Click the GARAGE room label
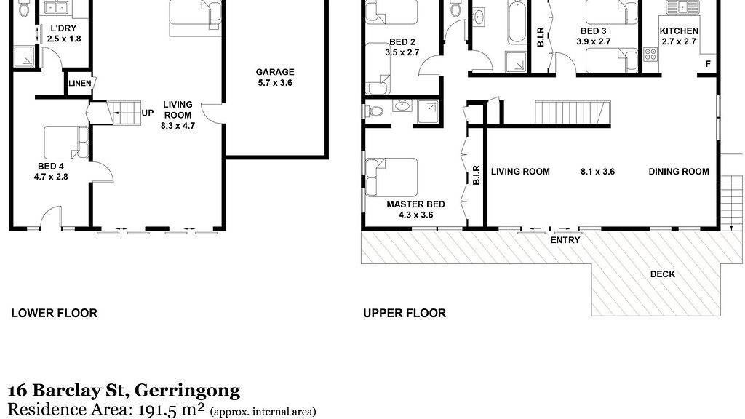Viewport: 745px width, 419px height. click(x=274, y=72)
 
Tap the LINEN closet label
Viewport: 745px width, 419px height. click(x=80, y=84)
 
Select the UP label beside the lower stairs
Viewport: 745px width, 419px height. click(x=147, y=113)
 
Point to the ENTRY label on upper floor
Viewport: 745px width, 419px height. click(x=565, y=240)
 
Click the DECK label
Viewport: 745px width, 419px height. click(x=662, y=274)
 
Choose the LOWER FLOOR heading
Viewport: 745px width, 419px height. click(x=54, y=313)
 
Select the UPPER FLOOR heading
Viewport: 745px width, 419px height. click(x=405, y=313)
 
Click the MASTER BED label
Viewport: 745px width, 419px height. click(x=415, y=204)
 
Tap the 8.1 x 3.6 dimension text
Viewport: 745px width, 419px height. click(x=598, y=172)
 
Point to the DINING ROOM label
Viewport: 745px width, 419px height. click(x=679, y=172)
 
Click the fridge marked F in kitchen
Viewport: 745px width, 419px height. click(x=708, y=63)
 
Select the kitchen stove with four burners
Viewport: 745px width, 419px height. click(x=650, y=54)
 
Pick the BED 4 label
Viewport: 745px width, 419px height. click(x=51, y=167)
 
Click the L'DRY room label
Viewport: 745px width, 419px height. click(x=64, y=28)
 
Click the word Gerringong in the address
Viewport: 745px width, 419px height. click(x=187, y=391)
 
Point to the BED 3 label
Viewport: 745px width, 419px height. click(x=594, y=31)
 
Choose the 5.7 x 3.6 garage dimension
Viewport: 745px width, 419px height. click(x=274, y=83)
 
